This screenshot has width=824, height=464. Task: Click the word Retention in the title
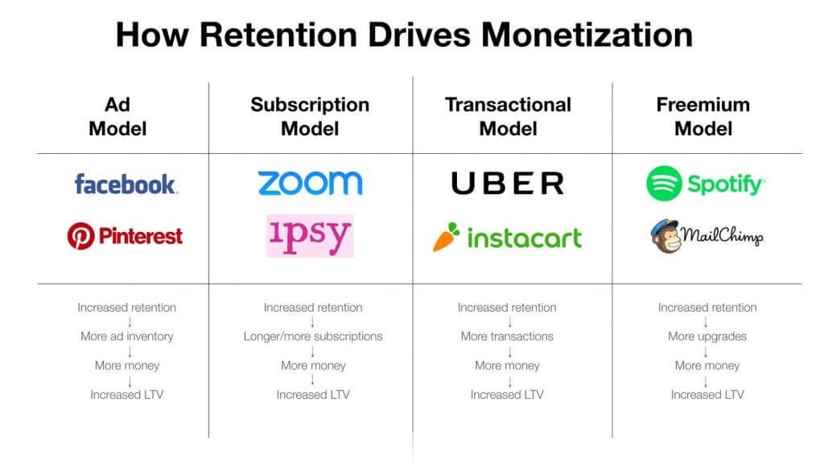278,35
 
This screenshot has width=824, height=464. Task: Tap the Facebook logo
126,184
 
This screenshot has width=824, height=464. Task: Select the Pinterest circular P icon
81,236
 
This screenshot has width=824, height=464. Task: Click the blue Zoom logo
310,183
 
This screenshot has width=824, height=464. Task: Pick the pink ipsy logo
310,236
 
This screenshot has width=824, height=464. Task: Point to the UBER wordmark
508,183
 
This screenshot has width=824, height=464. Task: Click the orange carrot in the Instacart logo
446,237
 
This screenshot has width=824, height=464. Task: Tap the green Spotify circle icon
664,183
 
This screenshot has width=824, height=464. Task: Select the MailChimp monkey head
665,236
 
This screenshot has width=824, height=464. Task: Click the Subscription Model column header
310,116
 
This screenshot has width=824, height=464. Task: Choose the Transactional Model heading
509,116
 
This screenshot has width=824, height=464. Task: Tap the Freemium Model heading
703,116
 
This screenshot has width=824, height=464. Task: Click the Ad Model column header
117,116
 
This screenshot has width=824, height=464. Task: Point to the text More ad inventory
127,336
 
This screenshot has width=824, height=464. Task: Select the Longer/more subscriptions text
313,336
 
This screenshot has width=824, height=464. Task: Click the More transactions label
507,336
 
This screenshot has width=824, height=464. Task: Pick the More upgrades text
707,336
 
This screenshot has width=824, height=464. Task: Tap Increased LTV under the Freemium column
707,395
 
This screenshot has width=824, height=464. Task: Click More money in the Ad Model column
127,366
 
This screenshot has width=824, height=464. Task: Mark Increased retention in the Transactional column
507,307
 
